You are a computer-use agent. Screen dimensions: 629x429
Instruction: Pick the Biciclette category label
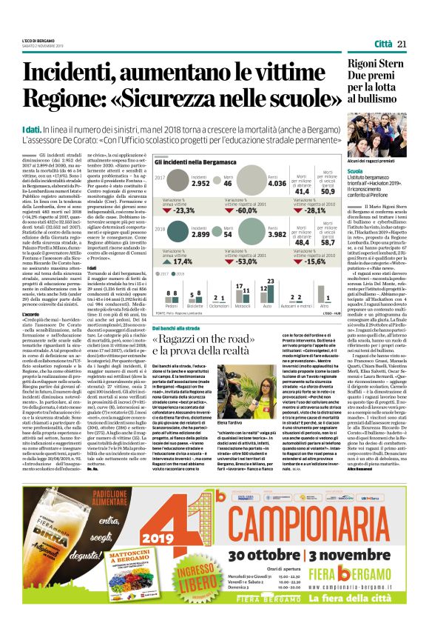tap(195, 305)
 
